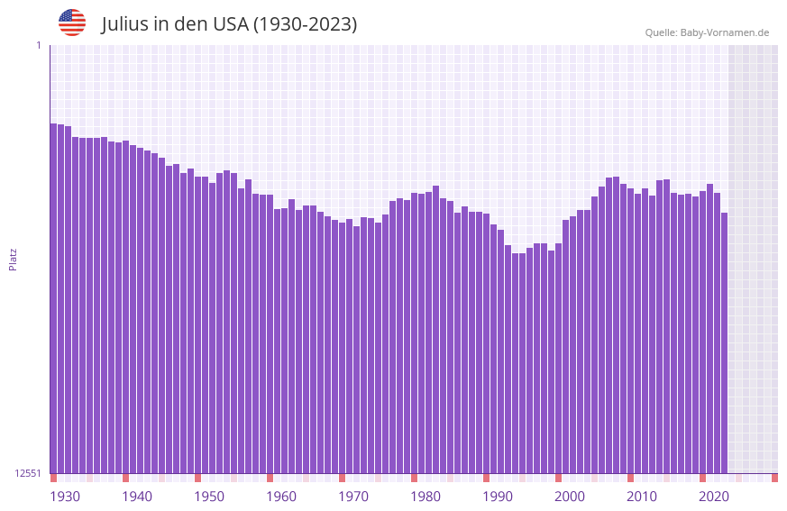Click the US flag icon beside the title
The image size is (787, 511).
click(72, 23)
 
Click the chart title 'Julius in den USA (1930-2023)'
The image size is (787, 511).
click(229, 24)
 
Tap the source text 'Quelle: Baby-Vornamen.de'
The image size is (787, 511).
click(707, 32)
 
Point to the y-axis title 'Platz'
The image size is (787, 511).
click(13, 259)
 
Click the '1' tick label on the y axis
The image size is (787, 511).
click(38, 45)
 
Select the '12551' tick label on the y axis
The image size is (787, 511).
click(28, 473)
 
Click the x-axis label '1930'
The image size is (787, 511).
click(65, 497)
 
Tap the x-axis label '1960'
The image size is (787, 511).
click(281, 497)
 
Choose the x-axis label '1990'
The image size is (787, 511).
click(498, 497)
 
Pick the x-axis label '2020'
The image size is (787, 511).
click(714, 497)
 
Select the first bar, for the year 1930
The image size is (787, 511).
click(54, 298)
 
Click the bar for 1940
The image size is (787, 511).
click(126, 306)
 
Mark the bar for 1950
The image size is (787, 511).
click(198, 324)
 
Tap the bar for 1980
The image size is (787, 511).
click(415, 333)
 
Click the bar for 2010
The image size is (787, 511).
click(631, 333)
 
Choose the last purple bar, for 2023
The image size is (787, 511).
click(725, 342)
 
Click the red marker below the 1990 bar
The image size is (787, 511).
click(487, 478)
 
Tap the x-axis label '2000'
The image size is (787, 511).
click(570, 497)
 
